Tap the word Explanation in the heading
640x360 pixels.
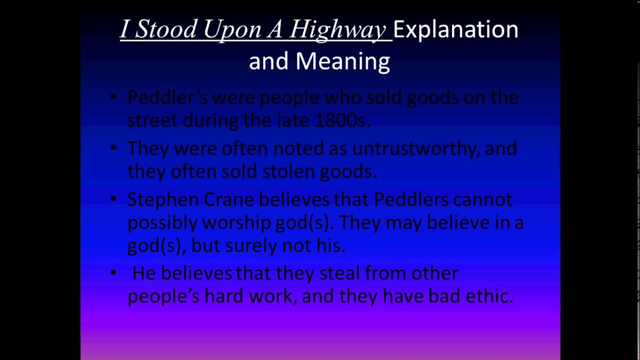tap(455, 29)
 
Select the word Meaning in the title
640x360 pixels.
tap(342, 61)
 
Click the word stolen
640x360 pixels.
tap(291, 171)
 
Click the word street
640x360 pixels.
tap(152, 120)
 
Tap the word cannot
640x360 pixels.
tap(482, 199)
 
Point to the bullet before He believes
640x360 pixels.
tap(114, 272)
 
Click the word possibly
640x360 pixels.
tap(162, 223)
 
